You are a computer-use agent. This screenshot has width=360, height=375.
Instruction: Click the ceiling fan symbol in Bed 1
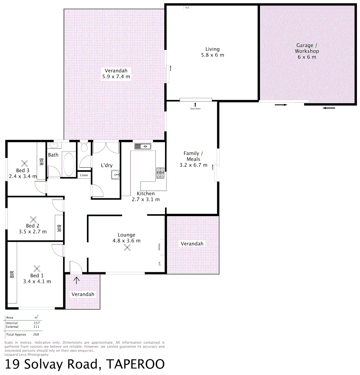pyautogui.click(x=37, y=268)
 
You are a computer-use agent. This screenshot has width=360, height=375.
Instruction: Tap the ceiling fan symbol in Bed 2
pyautogui.click(x=34, y=219)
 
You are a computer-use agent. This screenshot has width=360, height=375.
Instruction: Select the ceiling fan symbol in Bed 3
pyautogui.click(x=25, y=163)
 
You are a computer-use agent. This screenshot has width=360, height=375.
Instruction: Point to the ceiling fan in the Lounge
pyautogui.click(x=127, y=247)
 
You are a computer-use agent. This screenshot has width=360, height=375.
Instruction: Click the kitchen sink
pyautogui.click(x=143, y=147)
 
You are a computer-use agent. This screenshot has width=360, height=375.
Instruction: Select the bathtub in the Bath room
pyautogui.click(x=68, y=165)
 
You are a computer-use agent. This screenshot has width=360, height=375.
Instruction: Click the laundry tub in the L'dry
pyautogui.click(x=115, y=175)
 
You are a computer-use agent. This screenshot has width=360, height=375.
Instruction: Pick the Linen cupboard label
pyautogui.click(x=84, y=175)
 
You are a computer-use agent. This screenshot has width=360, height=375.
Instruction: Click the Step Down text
pyautogui.click(x=195, y=109)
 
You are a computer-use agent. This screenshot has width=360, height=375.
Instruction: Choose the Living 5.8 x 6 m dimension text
pyautogui.click(x=212, y=55)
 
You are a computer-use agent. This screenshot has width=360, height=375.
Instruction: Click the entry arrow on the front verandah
pyautogui.click(x=76, y=280)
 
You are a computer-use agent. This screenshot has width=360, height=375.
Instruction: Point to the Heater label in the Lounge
pyautogui.click(x=160, y=247)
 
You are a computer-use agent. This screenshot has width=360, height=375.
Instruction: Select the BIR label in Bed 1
pyautogui.click(x=12, y=274)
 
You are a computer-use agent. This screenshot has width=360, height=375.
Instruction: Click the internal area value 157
pyautogui.click(x=36, y=323)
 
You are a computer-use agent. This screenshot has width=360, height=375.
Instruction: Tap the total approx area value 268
pyautogui.click(x=36, y=334)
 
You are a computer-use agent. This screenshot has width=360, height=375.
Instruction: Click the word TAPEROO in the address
pyautogui.click(x=135, y=364)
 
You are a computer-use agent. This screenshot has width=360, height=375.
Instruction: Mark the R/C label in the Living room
pyautogui.click(x=188, y=7)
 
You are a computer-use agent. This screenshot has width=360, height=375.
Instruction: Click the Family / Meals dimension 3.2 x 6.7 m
pyautogui.click(x=194, y=165)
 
